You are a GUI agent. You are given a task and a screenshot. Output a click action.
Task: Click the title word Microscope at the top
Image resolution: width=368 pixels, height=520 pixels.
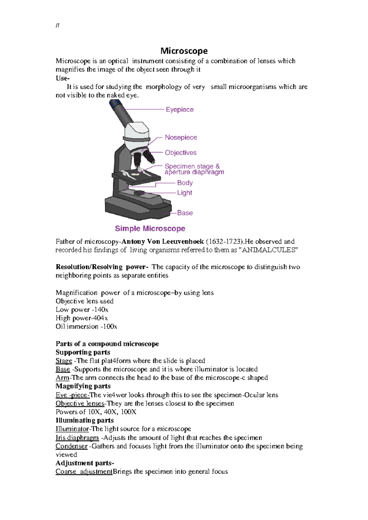click(x=184, y=51)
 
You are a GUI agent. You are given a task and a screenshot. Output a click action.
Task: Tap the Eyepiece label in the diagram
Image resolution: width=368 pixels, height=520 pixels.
click(x=179, y=109)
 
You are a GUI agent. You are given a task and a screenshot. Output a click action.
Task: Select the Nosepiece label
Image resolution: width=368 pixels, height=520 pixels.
click(x=181, y=137)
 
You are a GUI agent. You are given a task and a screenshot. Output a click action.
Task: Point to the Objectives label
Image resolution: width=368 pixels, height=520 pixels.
click(x=180, y=153)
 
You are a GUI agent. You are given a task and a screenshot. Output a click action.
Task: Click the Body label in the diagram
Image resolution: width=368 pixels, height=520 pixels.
click(x=185, y=183)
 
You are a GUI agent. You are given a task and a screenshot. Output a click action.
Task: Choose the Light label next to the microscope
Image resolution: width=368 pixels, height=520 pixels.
click(x=184, y=193)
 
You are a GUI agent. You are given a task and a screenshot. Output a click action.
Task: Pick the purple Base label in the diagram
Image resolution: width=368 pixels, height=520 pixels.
click(x=185, y=213)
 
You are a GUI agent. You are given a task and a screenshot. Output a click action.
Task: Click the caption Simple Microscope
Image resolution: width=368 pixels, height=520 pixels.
click(x=150, y=228)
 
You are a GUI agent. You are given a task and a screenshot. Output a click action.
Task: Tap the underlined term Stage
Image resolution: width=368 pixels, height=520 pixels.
click(x=64, y=361)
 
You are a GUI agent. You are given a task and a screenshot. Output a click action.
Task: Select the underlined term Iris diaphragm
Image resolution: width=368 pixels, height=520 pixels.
click(x=77, y=438)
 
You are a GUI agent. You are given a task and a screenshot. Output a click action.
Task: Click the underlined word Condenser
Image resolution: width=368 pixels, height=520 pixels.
click(x=71, y=446)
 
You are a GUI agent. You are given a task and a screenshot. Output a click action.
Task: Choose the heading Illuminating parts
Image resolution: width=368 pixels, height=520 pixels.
click(x=85, y=420)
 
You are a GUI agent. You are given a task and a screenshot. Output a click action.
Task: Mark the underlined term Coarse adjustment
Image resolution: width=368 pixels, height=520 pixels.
click(x=84, y=472)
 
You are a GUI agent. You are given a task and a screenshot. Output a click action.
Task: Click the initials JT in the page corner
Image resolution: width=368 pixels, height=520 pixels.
click(x=57, y=25)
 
